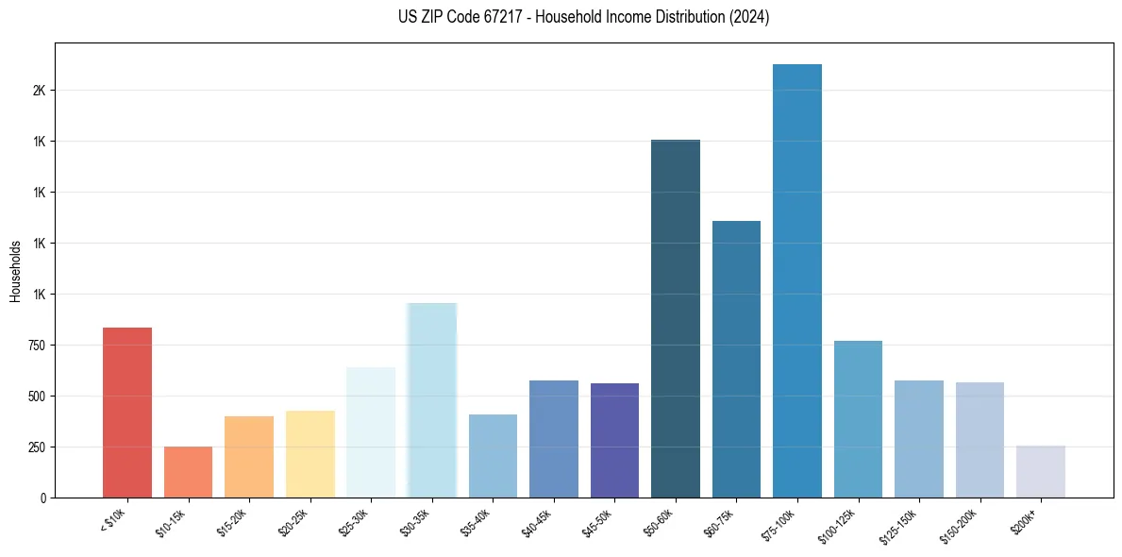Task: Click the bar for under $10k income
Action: point(127,413)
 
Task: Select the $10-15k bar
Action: point(188,472)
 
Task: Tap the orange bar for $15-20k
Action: point(249,457)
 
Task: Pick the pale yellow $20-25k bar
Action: point(310,454)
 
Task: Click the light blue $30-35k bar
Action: point(431,400)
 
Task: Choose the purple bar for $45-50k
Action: point(614,440)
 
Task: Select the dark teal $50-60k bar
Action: point(676,319)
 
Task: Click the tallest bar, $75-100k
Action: point(797,281)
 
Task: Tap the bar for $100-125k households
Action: point(858,419)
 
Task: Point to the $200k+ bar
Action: point(1041,471)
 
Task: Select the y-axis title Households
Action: point(15,270)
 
